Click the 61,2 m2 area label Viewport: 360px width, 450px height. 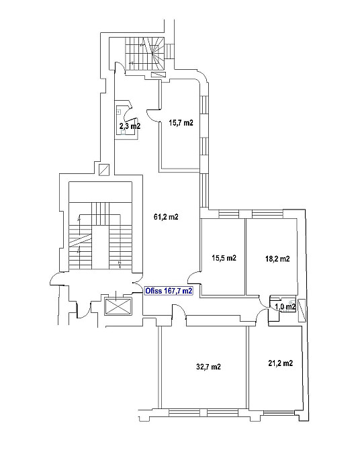point(166,217)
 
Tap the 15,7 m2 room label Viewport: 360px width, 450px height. point(181,123)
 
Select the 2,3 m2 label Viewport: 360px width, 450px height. point(130,126)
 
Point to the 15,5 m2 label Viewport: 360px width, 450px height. point(224,258)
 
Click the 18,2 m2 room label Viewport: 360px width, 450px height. point(277,259)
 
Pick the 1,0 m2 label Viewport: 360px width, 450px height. point(285,307)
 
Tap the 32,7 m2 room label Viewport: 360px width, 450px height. point(209,367)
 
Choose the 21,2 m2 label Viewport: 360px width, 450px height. point(281,363)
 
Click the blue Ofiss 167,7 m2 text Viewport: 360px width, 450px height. point(169,291)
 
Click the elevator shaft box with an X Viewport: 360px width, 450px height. point(118,306)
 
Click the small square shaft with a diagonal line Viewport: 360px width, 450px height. point(103,169)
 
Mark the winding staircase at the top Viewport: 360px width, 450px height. point(144,54)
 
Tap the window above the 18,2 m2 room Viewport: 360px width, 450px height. point(267,214)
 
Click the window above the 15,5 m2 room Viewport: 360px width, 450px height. point(229,214)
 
